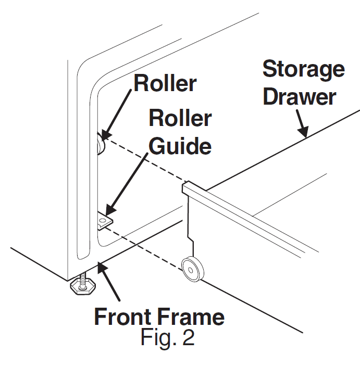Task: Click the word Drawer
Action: click(x=299, y=97)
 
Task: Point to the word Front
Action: click(x=126, y=317)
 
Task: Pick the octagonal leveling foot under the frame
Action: click(x=81, y=285)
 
